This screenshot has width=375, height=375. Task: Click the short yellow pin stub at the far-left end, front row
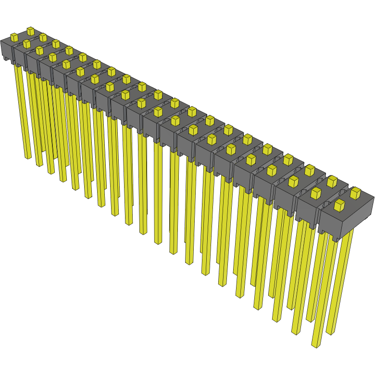click(14, 37)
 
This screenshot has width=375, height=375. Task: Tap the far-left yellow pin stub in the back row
click(30, 31)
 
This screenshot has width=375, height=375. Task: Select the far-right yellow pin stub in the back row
click(355, 193)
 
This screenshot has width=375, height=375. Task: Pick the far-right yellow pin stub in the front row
click(339, 206)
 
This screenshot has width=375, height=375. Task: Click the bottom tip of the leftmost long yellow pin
click(28, 156)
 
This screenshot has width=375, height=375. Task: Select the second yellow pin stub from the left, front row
click(26, 44)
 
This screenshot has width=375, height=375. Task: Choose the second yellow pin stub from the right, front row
click(315, 193)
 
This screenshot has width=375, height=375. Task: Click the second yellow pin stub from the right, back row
click(332, 181)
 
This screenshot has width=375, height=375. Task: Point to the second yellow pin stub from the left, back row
click(43, 37)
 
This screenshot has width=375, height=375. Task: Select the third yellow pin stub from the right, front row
click(293, 181)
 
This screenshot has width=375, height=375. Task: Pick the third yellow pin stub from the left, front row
click(39, 50)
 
